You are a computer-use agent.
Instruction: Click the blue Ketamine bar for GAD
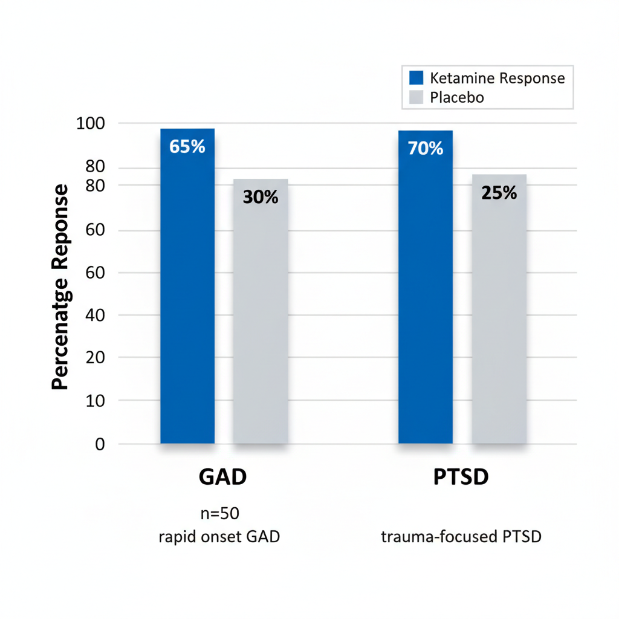tap(187, 290)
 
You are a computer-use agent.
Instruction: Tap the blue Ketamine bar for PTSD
tap(426, 290)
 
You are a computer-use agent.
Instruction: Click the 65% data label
tap(187, 146)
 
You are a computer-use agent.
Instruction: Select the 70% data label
tap(426, 148)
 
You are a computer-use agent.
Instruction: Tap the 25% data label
tap(499, 192)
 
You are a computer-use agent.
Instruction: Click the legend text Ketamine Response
tap(497, 78)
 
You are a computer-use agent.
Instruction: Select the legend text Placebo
tap(457, 97)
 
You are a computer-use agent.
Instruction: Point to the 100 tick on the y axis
tap(91, 123)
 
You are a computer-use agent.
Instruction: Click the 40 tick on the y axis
tap(96, 315)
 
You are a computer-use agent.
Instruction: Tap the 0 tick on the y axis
tap(100, 444)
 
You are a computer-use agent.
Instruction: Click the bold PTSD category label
tap(461, 477)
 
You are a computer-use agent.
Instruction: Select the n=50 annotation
tap(220, 514)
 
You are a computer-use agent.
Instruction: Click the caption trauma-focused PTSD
tap(461, 536)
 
